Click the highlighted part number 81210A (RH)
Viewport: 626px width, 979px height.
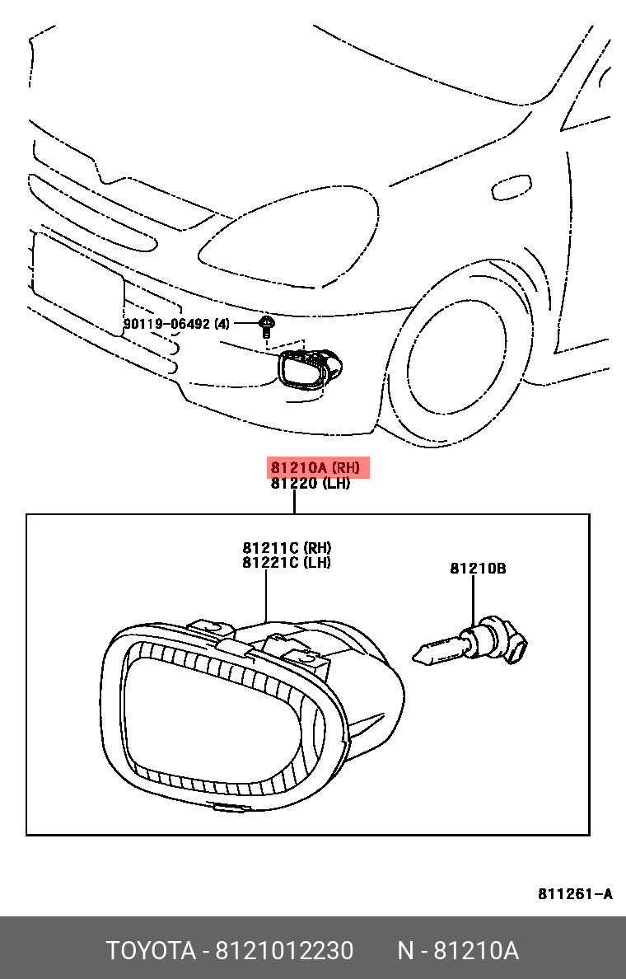click(316, 468)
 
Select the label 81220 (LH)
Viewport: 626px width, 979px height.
click(311, 484)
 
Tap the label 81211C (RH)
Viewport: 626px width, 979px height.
click(287, 548)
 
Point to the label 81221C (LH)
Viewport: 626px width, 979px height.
click(287, 563)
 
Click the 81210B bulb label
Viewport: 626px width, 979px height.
click(478, 569)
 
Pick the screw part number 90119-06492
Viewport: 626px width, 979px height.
click(169, 324)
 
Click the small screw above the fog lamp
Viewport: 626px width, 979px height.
click(266, 326)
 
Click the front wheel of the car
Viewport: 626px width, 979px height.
click(458, 354)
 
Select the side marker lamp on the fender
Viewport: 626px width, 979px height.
click(512, 188)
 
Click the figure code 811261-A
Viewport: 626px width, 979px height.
click(575, 894)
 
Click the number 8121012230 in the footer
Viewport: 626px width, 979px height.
click(284, 951)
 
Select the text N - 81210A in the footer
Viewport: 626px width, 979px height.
click(458, 951)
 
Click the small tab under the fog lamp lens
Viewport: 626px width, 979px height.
click(229, 807)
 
